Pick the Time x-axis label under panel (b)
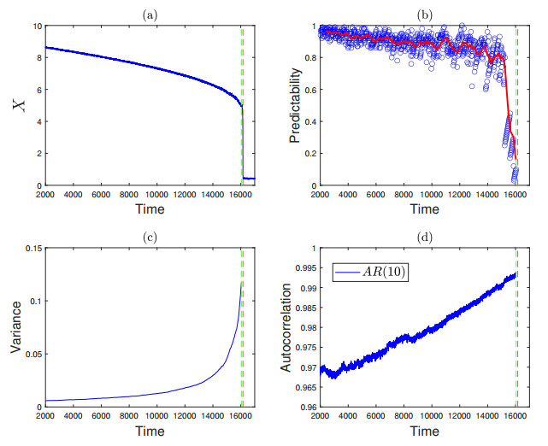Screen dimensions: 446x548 [419, 209]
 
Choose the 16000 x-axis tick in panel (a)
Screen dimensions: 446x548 [241, 194]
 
